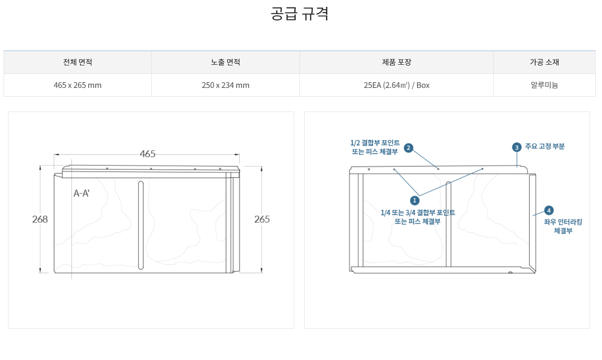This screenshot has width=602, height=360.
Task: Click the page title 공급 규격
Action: (299, 14)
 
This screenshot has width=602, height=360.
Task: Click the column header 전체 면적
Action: (77, 62)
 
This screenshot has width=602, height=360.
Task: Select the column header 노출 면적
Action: (226, 62)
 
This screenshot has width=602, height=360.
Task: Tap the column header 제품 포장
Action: (397, 62)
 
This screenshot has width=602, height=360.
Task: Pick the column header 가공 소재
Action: (544, 62)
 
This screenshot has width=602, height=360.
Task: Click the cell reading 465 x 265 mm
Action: (77, 85)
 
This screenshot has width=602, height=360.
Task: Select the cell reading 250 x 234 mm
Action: (226, 85)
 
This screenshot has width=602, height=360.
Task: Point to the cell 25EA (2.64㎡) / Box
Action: (397, 85)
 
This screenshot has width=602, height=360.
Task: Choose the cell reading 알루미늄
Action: (544, 85)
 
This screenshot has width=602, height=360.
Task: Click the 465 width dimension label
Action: (147, 154)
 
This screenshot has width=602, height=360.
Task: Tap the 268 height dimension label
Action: (40, 219)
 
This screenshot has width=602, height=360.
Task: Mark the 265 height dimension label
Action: (262, 219)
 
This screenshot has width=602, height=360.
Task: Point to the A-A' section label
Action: (81, 193)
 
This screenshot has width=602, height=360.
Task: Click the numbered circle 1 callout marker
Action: (415, 200)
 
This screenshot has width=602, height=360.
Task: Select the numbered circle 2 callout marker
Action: (409, 148)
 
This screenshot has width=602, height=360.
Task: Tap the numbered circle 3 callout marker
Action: (517, 147)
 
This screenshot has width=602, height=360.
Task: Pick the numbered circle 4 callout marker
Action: (549, 210)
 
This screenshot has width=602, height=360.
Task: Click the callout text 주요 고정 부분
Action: (545, 146)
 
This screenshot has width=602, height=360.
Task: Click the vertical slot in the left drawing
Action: (141, 225)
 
